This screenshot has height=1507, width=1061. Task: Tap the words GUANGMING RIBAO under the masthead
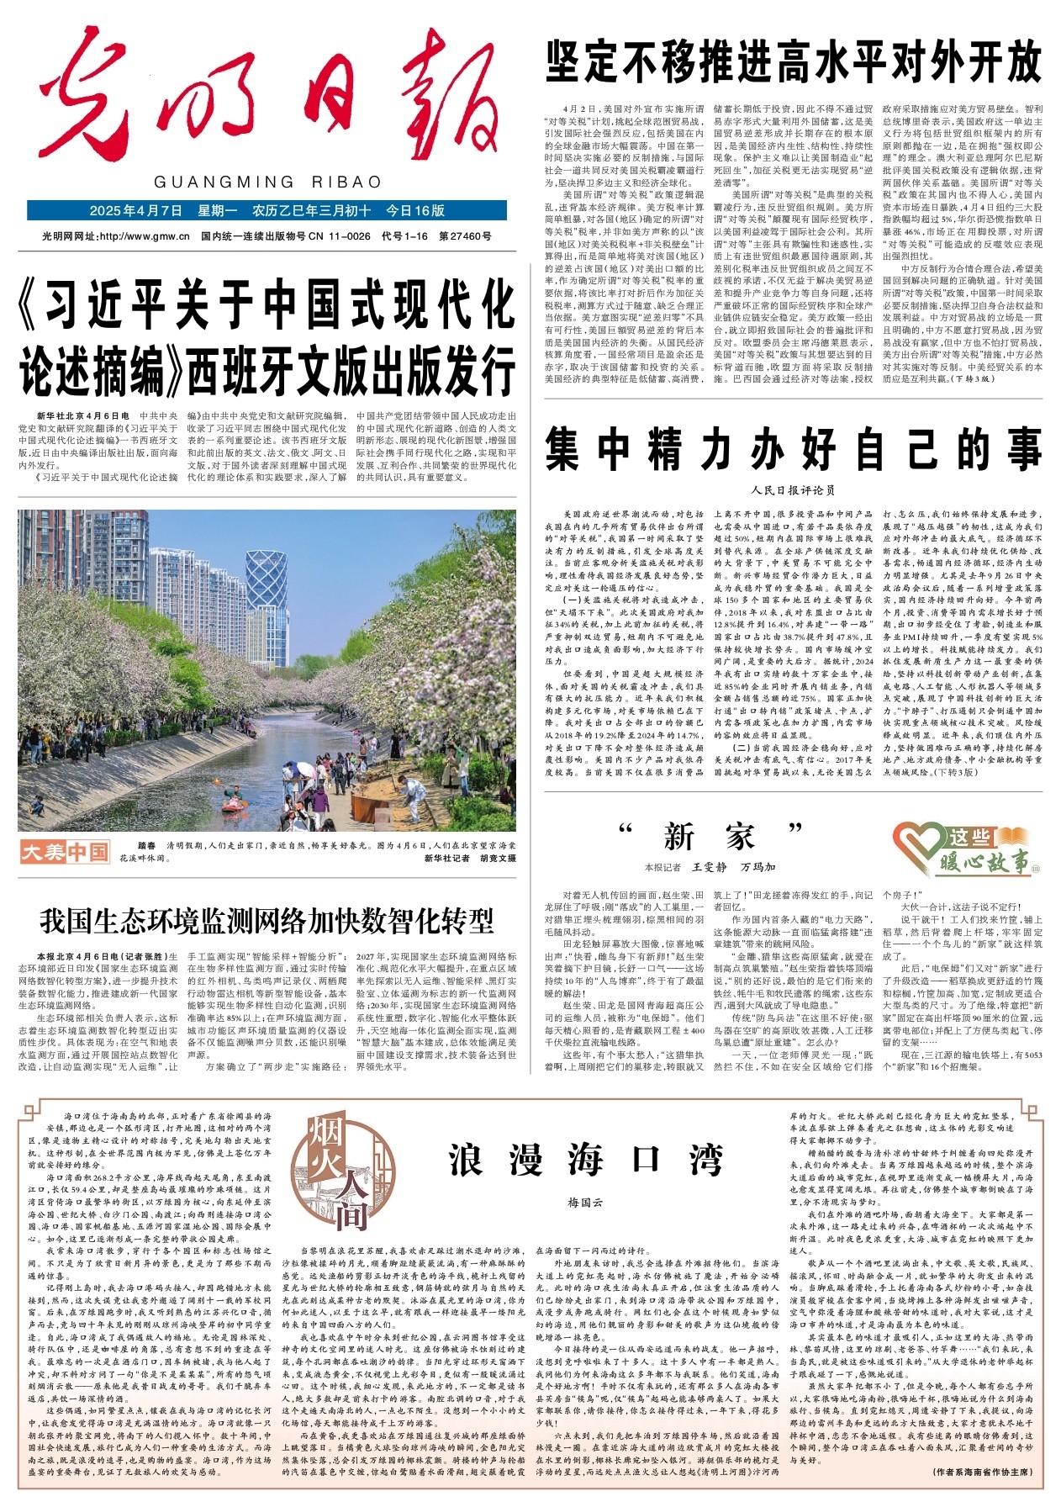click(267, 182)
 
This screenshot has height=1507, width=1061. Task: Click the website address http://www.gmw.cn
click(144, 236)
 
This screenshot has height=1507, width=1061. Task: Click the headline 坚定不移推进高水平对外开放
click(794, 61)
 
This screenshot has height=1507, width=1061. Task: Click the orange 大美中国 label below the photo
click(66, 852)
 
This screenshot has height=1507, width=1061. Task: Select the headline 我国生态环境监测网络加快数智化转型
click(267, 921)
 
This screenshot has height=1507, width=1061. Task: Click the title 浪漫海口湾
click(586, 1159)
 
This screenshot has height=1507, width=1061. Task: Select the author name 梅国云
click(586, 1203)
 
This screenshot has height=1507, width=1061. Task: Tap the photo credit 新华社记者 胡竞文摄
click(470, 858)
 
